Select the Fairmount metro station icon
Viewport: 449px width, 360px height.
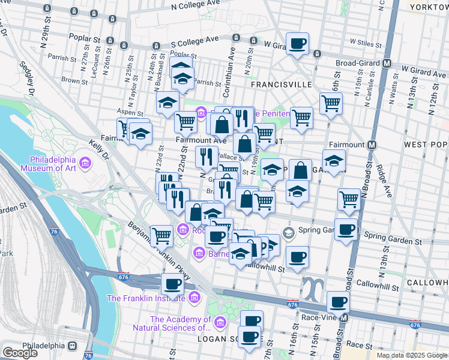pyautogui.click(x=372, y=145)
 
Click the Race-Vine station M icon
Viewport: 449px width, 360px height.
pyautogui.click(x=343, y=317)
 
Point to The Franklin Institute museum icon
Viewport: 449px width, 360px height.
pyautogui.click(x=193, y=298)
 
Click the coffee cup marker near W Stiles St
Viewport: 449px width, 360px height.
pyautogui.click(x=297, y=44)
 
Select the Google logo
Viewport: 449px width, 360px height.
pyautogui.click(x=20, y=353)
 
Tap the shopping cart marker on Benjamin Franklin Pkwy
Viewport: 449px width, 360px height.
pyautogui.click(x=161, y=236)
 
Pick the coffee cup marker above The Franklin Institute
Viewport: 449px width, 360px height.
pyautogui.click(x=172, y=284)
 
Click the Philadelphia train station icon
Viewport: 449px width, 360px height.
pyautogui.click(x=73, y=346)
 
